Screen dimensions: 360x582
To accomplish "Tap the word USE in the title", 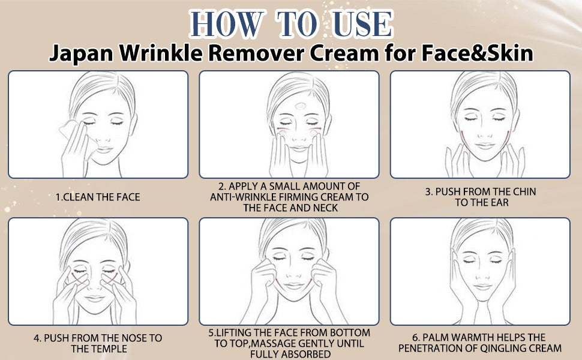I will (359, 23).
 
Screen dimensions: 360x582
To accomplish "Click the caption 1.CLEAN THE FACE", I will (98, 196).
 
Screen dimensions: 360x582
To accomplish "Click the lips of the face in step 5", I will (289, 292).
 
